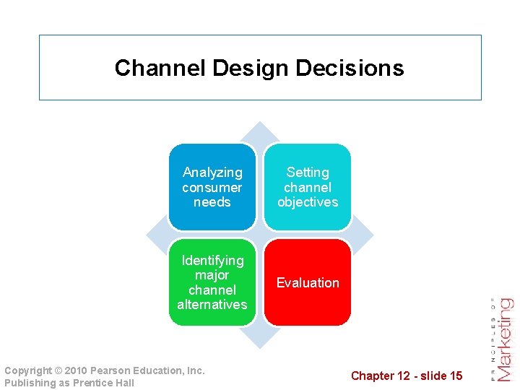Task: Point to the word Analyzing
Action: (x=212, y=173)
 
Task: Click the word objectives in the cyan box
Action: (x=308, y=202)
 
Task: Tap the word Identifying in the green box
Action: (x=212, y=260)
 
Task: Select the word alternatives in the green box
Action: (x=212, y=305)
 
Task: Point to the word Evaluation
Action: (x=308, y=282)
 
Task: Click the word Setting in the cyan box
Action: (x=308, y=173)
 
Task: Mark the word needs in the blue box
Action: (x=212, y=202)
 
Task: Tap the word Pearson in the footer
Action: (x=110, y=370)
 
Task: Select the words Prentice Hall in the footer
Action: (x=105, y=383)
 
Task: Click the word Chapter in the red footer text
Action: (x=373, y=376)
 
